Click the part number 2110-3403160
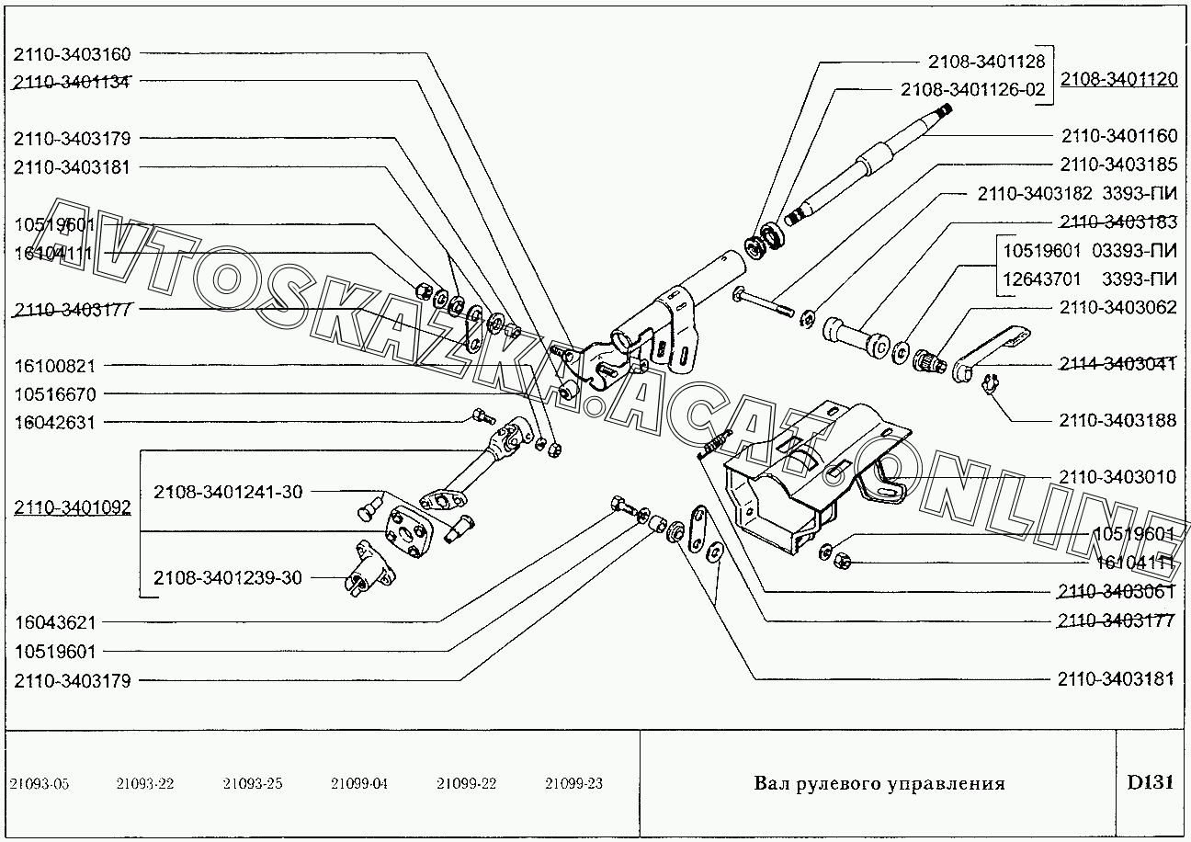pos(72,53)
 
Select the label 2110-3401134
pos(72,81)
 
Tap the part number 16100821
pos(55,366)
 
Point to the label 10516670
pos(55,394)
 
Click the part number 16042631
pos(55,423)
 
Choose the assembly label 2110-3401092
pos(72,508)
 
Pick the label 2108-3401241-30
pos(228,492)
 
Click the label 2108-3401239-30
pos(228,578)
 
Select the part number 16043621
pos(55,622)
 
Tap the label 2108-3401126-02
pos(972,89)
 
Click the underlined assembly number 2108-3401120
pos(1118,80)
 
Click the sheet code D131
pos(1150,783)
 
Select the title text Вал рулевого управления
pos(879,784)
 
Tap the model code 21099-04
pos(359,784)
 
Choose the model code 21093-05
pos(39,784)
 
